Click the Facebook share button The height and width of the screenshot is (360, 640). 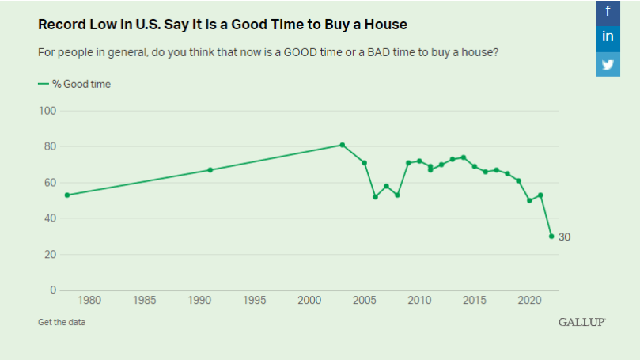tap(608, 10)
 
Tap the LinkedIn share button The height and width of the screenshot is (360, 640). tap(608, 36)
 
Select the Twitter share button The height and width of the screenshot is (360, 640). tap(608, 64)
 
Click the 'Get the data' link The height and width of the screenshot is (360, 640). tap(61, 322)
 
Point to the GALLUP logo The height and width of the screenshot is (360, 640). tap(581, 322)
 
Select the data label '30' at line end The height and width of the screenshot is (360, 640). tap(564, 237)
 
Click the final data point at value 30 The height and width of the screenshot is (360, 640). tap(551, 236)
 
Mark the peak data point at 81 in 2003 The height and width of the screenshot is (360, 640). tap(342, 145)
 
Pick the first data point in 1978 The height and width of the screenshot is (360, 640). tap(67, 195)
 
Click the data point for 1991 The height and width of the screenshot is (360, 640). tap(210, 169)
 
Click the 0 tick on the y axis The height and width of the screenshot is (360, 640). tap(52, 290)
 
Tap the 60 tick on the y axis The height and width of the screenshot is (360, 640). tap(49, 183)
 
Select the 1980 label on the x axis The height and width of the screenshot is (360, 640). tap(89, 301)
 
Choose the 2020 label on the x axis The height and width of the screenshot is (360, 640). tap(528, 301)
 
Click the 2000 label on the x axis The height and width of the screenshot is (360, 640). tap(309, 301)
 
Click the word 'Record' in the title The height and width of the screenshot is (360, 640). tap(59, 25)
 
